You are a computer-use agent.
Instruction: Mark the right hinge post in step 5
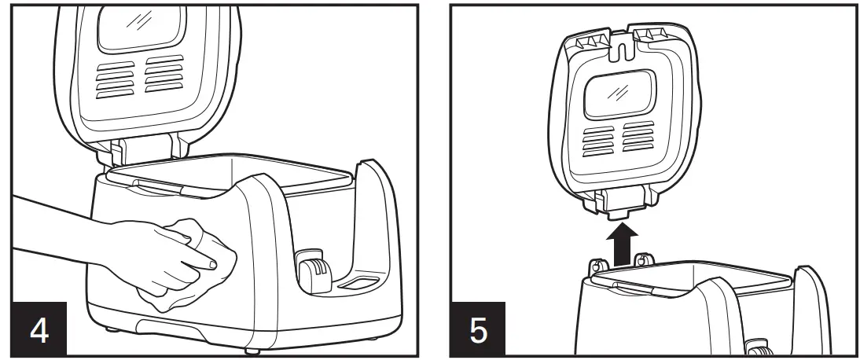pyautogui.click(x=644, y=259)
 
